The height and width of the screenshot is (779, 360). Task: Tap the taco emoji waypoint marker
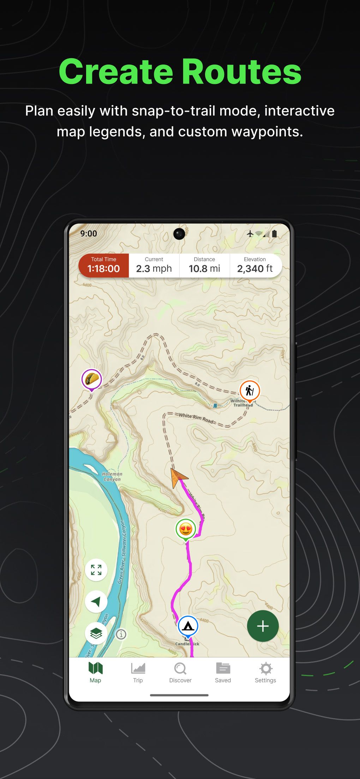coord(92,379)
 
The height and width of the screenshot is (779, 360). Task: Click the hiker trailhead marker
coord(250,391)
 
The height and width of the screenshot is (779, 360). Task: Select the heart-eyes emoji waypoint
coord(186,529)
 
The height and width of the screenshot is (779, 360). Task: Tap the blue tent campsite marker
coord(188,626)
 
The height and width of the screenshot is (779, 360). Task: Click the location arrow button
coord(96,602)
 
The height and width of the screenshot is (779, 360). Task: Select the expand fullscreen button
coord(96,570)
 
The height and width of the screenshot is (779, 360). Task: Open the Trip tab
coord(138,672)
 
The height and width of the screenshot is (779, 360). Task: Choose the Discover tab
coord(180,672)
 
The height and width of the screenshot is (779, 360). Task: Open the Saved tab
coord(223,672)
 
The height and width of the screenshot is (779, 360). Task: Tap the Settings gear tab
coord(265,672)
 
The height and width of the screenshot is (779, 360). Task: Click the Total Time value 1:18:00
coord(103,269)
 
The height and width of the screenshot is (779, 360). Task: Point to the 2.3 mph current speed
coord(154,269)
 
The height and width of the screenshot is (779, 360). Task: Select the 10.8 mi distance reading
coord(204,269)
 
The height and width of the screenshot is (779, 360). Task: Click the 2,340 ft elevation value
coord(255,269)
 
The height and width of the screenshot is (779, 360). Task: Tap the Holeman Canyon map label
coord(112,477)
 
